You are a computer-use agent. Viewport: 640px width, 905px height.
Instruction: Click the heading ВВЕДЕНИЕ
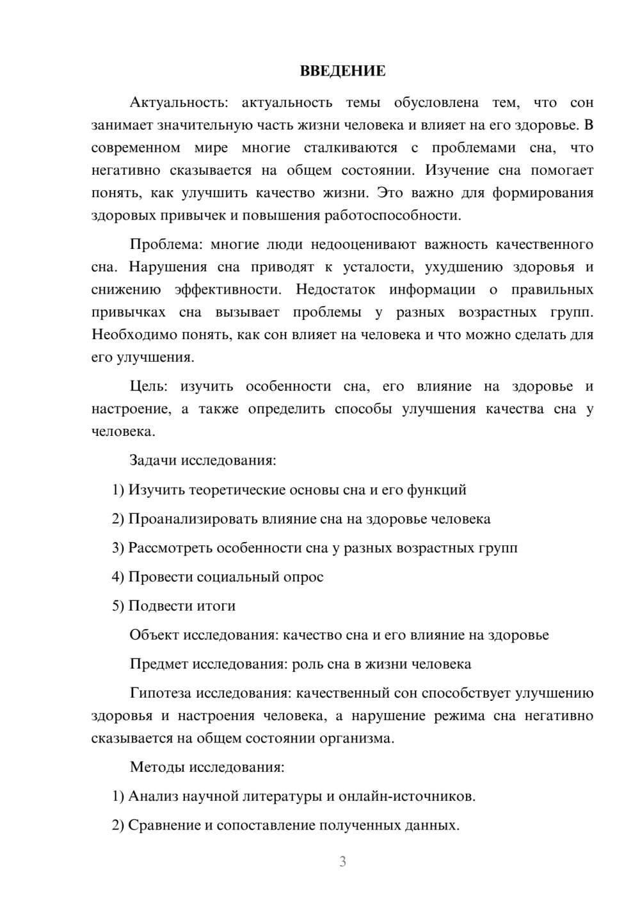click(342, 71)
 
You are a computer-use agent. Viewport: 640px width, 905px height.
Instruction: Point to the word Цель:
click(148, 387)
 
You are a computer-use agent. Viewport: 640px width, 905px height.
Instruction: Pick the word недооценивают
click(363, 244)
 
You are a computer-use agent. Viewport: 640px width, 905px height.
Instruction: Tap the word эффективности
click(228, 290)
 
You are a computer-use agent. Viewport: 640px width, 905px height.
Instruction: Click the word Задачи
click(154, 461)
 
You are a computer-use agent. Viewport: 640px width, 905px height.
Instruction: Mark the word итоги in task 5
click(217, 606)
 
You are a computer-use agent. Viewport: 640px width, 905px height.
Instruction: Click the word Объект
click(154, 636)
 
